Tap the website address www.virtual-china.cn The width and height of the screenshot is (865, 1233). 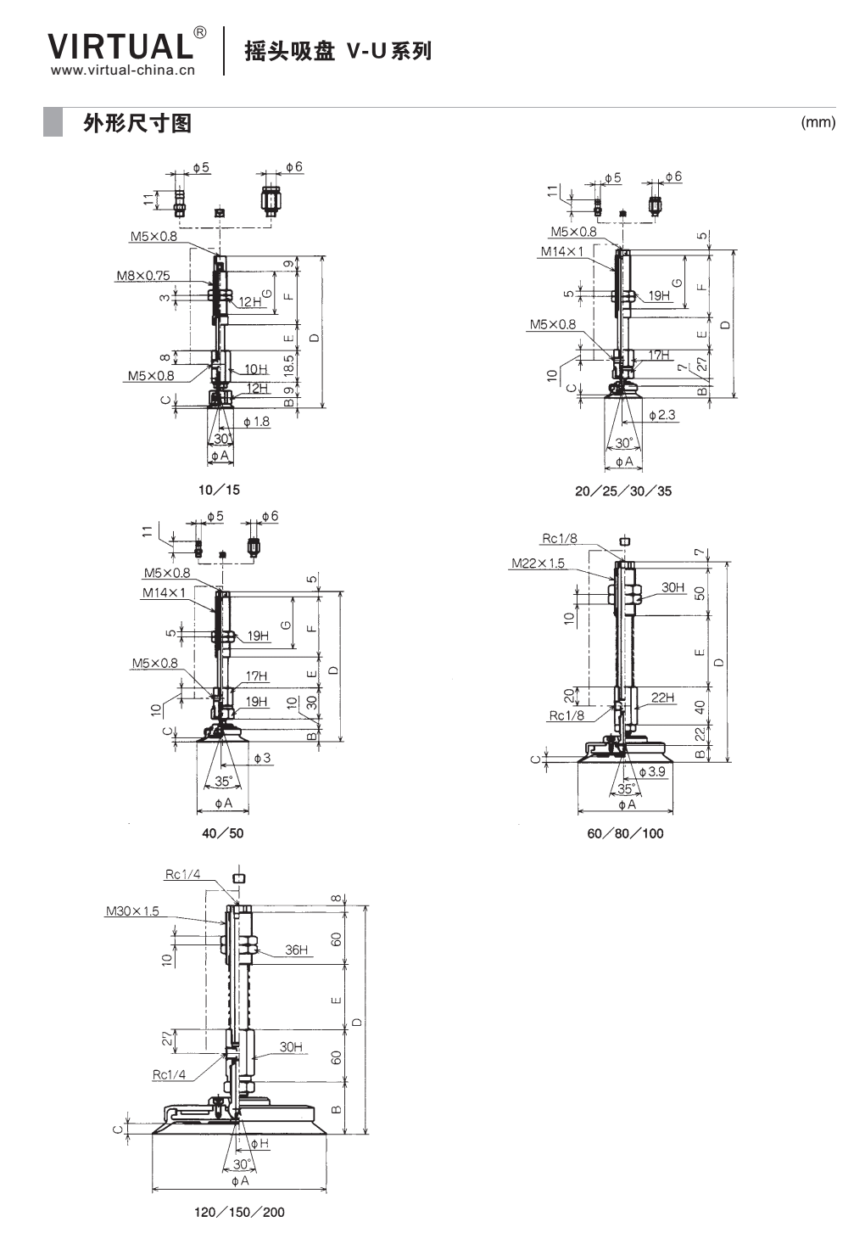[123, 70]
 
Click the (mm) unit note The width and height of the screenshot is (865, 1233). [818, 121]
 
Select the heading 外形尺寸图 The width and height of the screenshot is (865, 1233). [137, 123]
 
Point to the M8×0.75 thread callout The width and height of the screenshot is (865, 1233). [143, 275]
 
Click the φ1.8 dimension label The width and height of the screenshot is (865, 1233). [256, 422]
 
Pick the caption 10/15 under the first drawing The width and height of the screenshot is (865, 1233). [219, 490]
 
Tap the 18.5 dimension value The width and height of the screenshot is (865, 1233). [289, 365]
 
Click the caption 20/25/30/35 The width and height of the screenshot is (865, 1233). [623, 491]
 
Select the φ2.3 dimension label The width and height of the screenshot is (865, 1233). [662, 415]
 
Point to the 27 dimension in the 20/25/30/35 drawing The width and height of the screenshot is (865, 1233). [701, 364]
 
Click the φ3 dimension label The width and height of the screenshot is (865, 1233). [263, 758]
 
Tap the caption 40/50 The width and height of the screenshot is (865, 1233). [222, 832]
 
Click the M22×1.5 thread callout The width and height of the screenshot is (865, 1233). [539, 563]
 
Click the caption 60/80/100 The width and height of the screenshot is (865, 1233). [625, 833]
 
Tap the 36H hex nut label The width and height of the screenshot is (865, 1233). [296, 950]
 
